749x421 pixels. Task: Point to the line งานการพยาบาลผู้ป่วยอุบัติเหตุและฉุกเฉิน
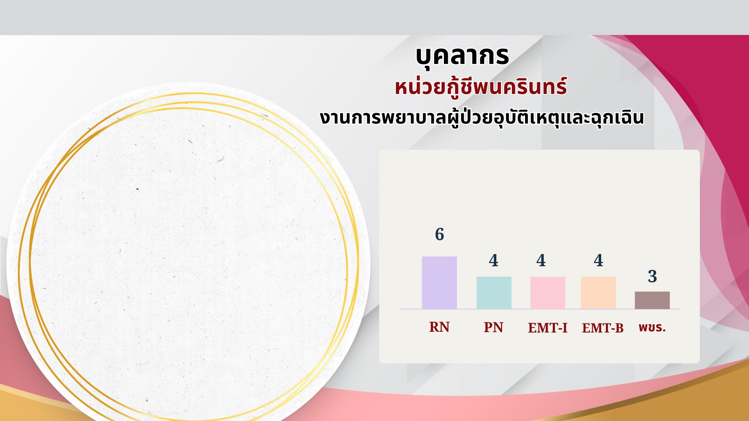pyautogui.click(x=482, y=118)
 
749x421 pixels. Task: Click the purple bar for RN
pyautogui.click(x=439, y=283)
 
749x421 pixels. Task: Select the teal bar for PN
pyautogui.click(x=494, y=293)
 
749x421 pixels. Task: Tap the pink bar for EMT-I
pyautogui.click(x=548, y=293)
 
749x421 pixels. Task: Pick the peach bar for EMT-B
pyautogui.click(x=598, y=293)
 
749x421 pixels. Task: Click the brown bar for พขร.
pyautogui.click(x=652, y=300)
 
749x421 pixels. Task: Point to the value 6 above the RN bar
pyautogui.click(x=440, y=234)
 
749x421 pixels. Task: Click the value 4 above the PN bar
pyautogui.click(x=493, y=260)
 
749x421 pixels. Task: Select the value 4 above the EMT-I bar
pyautogui.click(x=541, y=260)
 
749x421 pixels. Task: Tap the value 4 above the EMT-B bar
pyautogui.click(x=598, y=260)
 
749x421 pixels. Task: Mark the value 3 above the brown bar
pyautogui.click(x=652, y=276)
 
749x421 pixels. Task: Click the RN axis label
pyautogui.click(x=439, y=327)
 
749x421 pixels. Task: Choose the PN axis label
pyautogui.click(x=493, y=327)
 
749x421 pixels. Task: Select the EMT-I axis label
pyautogui.click(x=548, y=328)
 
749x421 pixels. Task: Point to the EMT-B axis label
pyautogui.click(x=603, y=328)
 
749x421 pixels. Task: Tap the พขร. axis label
pyautogui.click(x=652, y=327)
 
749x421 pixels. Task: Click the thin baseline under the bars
pyautogui.click(x=540, y=309)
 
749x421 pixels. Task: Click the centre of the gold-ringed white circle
pyautogui.click(x=188, y=257)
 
